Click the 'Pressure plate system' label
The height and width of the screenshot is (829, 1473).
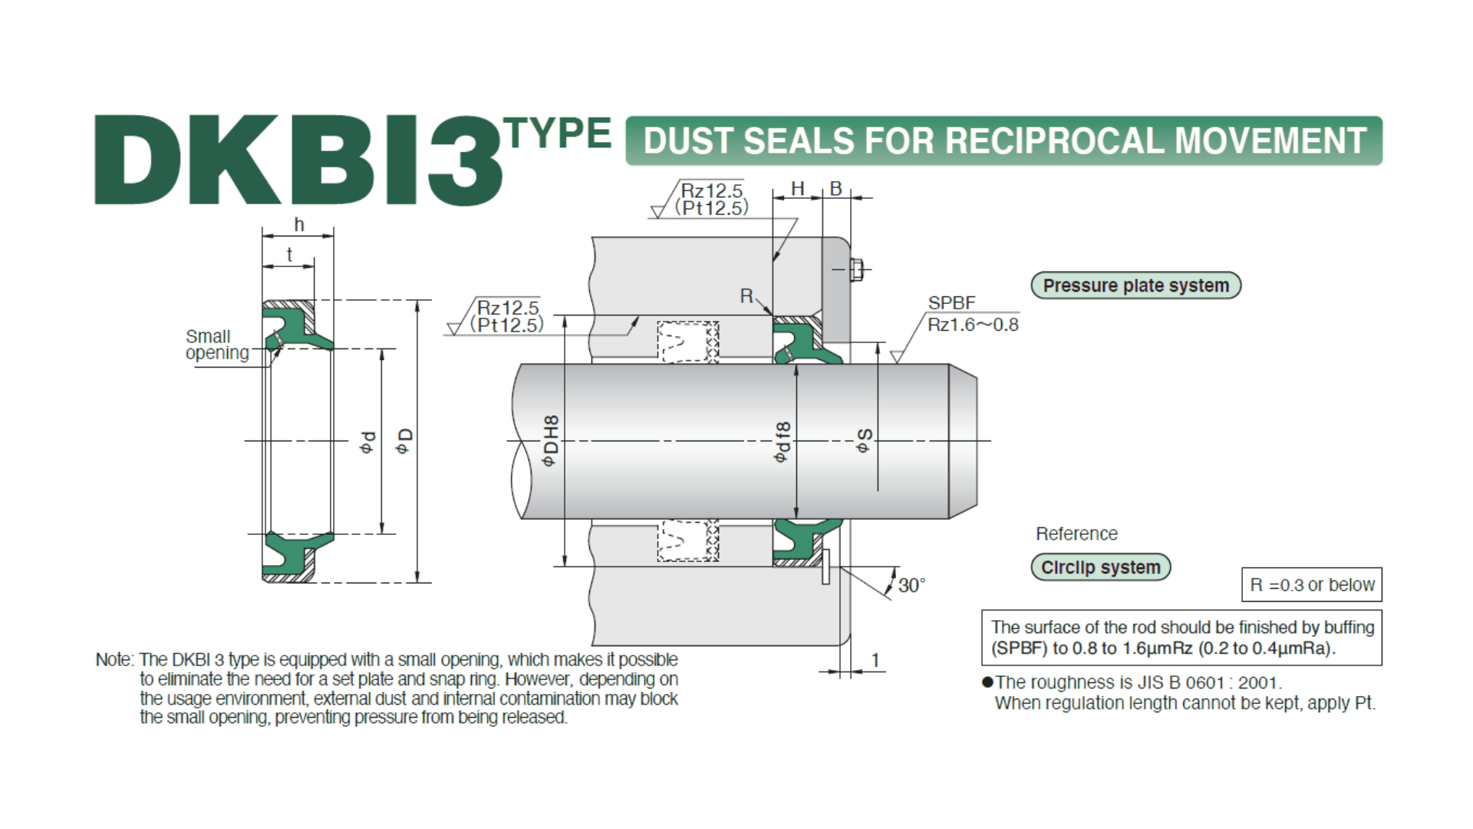[x=1135, y=286]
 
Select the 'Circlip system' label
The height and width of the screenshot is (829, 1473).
[x=1100, y=567]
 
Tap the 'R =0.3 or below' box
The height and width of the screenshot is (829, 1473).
[x=1311, y=585]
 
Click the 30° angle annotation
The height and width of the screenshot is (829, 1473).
[x=911, y=586]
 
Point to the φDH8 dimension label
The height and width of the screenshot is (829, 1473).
[x=550, y=441]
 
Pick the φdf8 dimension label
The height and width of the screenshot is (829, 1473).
[x=782, y=442]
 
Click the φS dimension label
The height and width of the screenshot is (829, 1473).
[x=865, y=441]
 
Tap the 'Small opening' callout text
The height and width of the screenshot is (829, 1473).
[x=216, y=345]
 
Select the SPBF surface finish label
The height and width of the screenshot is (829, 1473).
[x=951, y=303]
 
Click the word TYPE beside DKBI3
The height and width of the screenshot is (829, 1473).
[x=558, y=134]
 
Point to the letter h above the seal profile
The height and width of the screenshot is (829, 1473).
[x=299, y=225]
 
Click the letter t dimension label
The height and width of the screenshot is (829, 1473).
[x=289, y=255]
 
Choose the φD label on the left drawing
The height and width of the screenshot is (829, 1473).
[x=404, y=441]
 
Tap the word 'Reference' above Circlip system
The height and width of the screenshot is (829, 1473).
[x=1076, y=533]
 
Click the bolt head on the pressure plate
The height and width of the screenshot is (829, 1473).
[x=858, y=269]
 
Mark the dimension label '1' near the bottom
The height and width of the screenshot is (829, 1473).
[x=875, y=660]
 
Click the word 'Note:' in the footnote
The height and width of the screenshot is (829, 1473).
[x=114, y=660]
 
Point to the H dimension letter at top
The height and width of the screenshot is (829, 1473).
[x=798, y=189]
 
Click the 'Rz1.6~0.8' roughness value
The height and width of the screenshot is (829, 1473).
[x=973, y=325]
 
